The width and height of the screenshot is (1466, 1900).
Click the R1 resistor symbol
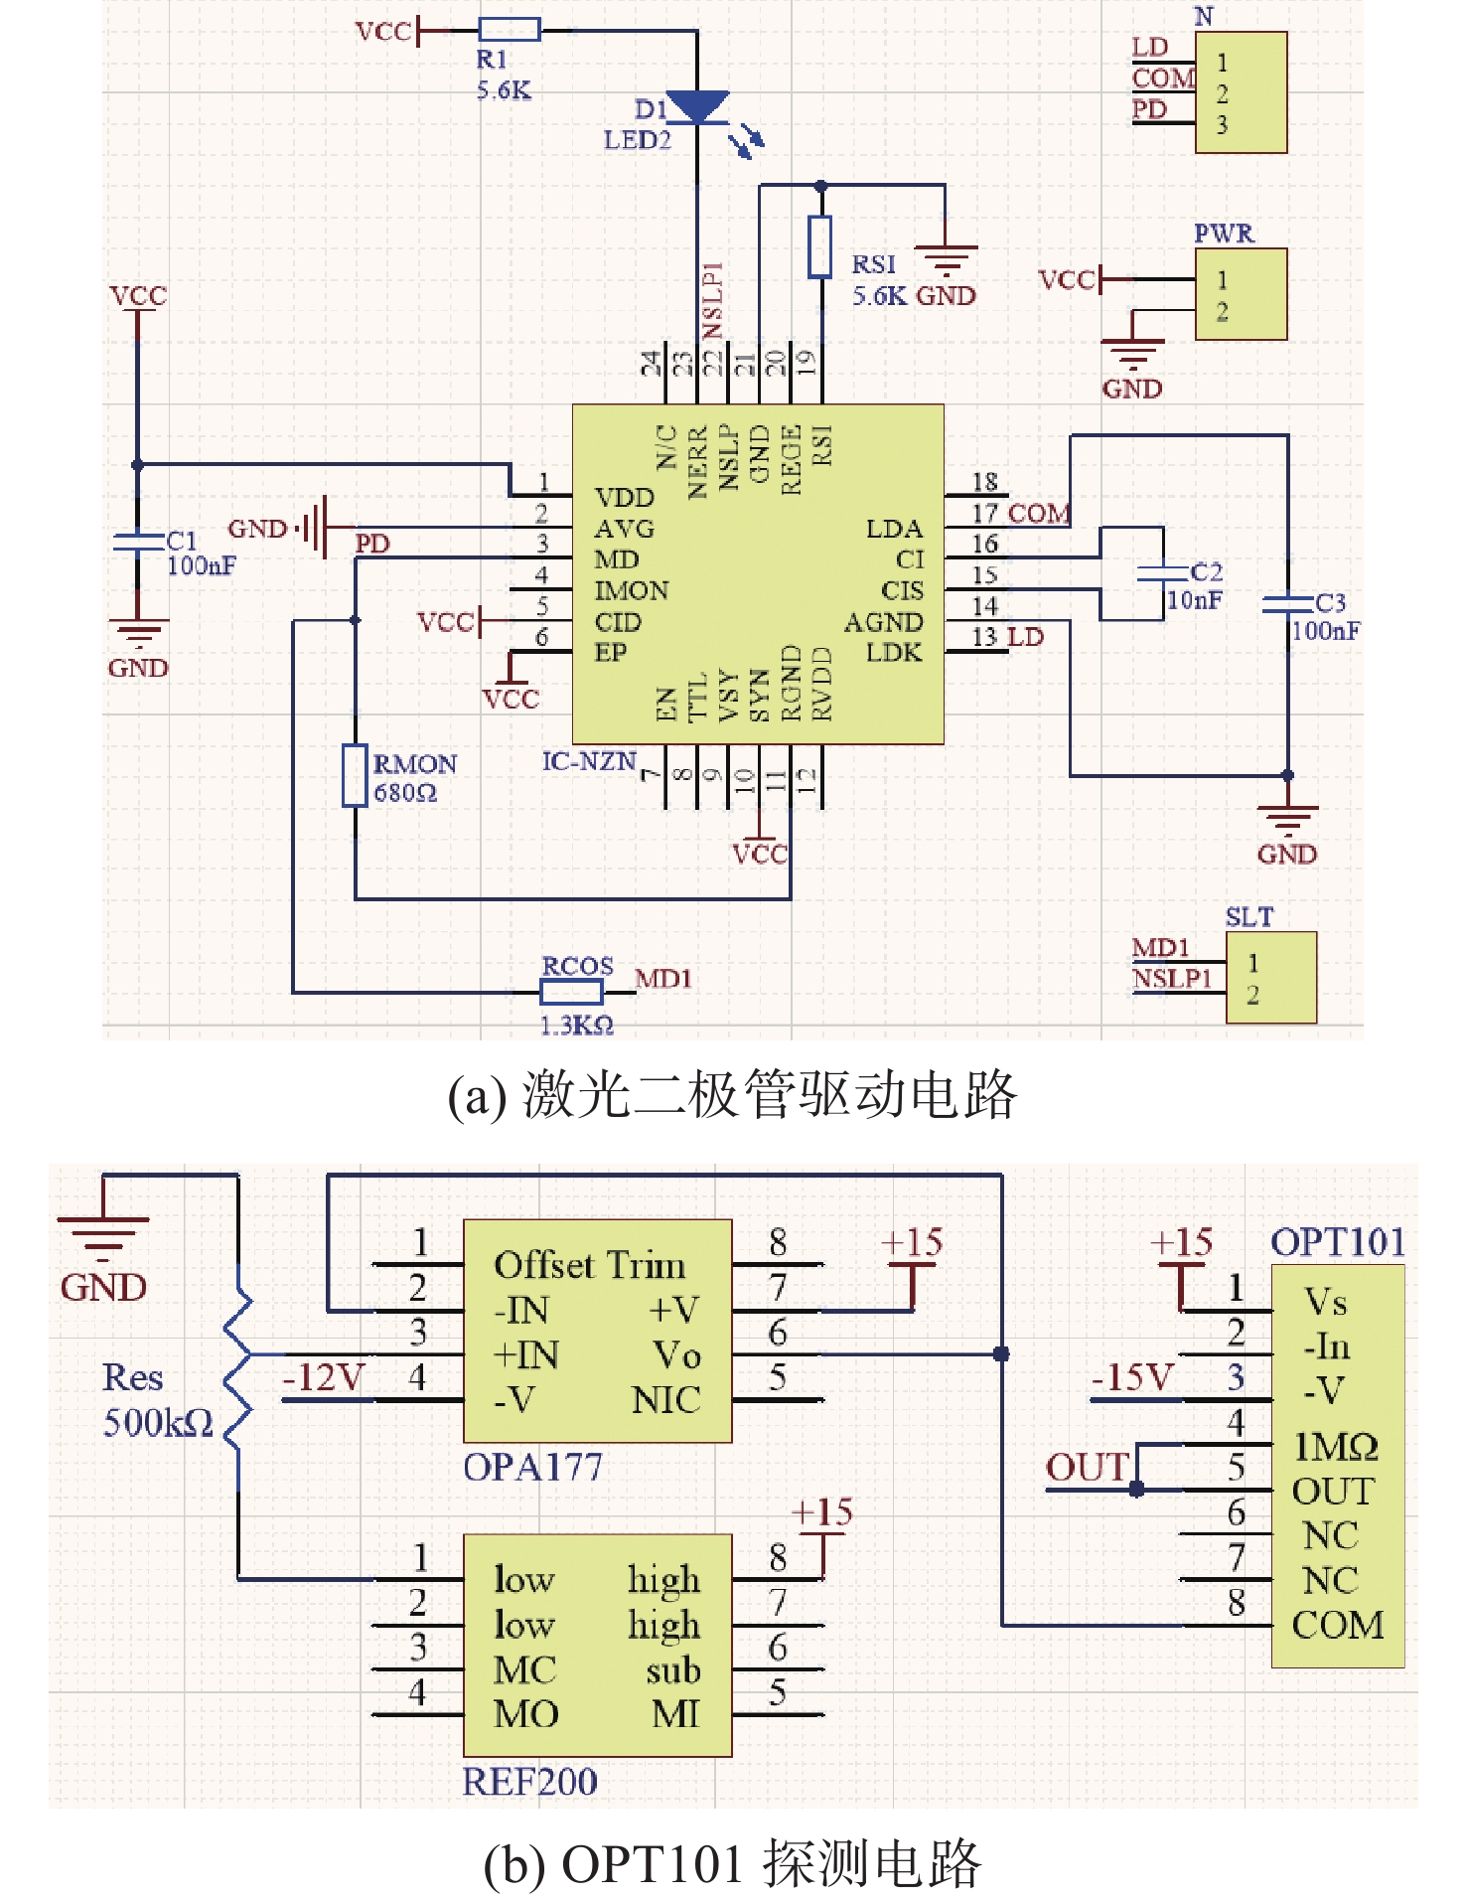coord(510,30)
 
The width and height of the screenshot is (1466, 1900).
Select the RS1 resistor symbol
coord(819,245)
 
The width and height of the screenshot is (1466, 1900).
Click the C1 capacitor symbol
coord(137,543)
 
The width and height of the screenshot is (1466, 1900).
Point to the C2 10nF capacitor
coord(1163,573)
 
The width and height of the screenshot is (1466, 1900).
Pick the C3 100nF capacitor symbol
coord(1287,603)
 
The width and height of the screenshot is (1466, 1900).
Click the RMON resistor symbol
coord(355,775)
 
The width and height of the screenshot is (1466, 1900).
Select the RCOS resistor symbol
coord(571,992)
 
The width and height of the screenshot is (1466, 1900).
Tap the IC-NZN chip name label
coord(589,762)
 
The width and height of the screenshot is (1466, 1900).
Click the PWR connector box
coord(1241,294)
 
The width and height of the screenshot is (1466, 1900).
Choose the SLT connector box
coord(1270,978)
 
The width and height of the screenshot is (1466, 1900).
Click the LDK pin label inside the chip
coord(894,653)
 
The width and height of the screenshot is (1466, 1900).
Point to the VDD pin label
coord(624,498)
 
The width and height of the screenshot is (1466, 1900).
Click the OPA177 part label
coord(532,1468)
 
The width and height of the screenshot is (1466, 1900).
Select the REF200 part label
coord(530,1782)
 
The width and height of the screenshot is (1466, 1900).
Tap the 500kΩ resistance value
coord(158,1423)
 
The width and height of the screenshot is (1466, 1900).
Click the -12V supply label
coord(323,1378)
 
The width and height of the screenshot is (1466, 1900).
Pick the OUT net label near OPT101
coord(1088,1468)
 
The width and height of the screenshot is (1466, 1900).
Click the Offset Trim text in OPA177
coord(590,1265)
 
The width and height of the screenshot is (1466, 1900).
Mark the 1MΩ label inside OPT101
coord(1336,1447)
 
